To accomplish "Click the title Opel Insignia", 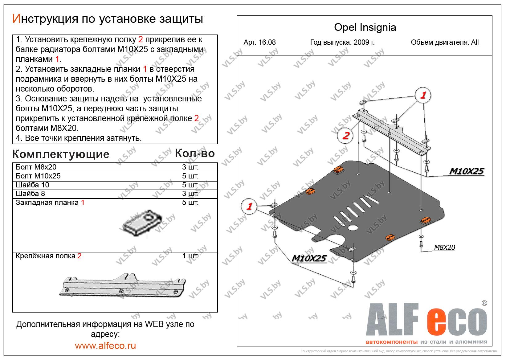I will [x=365, y=27].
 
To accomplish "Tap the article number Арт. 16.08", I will [x=259, y=43].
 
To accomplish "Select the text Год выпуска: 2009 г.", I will [x=342, y=43].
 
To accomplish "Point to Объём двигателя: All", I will [x=444, y=43].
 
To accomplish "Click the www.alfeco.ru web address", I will [x=105, y=346].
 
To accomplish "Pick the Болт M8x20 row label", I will [x=36, y=167].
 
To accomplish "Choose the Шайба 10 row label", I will [x=32, y=185].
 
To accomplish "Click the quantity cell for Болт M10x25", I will [x=190, y=176].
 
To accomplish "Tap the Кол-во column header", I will [x=194, y=153].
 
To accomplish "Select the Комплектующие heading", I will [x=61, y=154].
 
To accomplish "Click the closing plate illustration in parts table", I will [x=142, y=223].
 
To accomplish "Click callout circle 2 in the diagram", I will [x=345, y=135].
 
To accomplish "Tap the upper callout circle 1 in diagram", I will [x=423, y=95].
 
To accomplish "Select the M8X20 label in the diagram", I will [x=444, y=247].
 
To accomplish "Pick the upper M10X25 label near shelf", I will [x=466, y=171].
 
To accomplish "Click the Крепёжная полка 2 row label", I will [x=48, y=256].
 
